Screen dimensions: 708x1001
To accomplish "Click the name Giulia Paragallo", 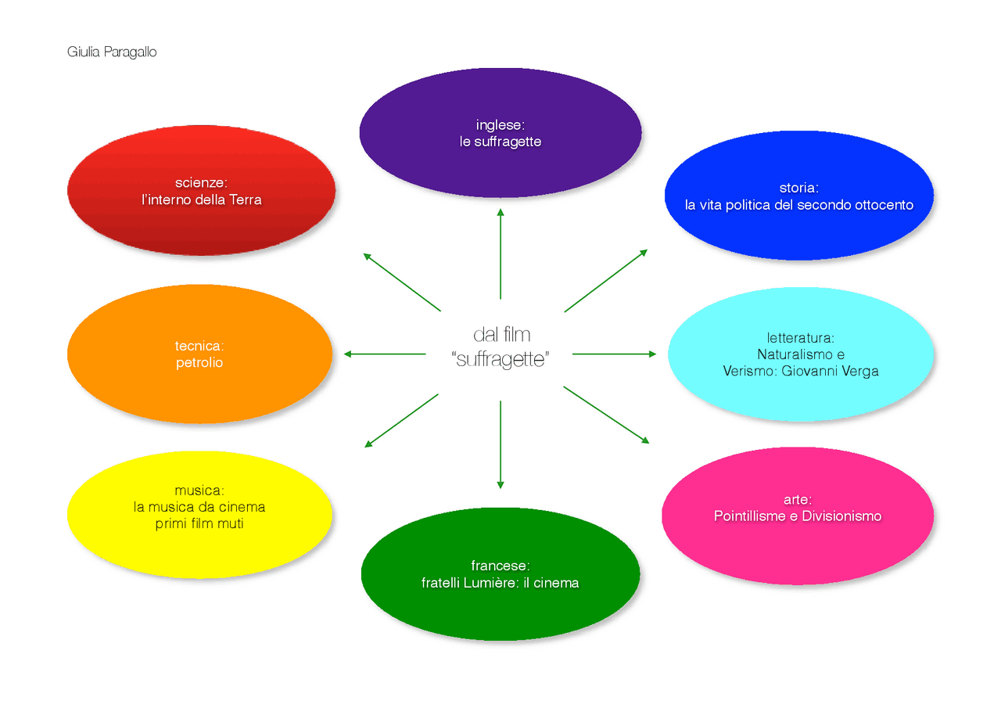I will [112, 52].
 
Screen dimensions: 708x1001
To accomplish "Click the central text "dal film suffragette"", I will [501, 348].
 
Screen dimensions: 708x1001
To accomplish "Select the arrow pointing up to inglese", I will [500, 253].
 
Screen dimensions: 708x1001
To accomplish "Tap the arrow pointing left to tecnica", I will [385, 354].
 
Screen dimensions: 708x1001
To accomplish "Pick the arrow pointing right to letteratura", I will [614, 354].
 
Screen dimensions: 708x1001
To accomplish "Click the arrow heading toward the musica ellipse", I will [401, 421].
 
